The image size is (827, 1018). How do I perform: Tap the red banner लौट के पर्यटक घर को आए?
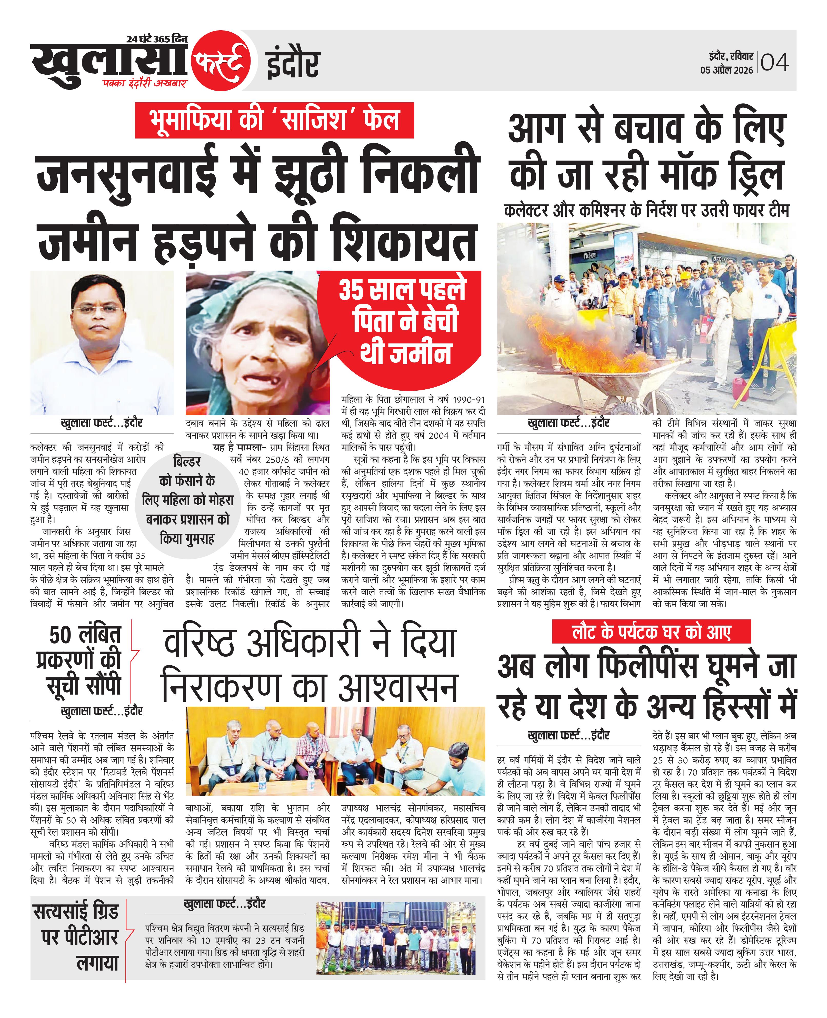pos(651,632)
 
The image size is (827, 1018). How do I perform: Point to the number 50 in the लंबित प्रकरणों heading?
pos(61,636)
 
